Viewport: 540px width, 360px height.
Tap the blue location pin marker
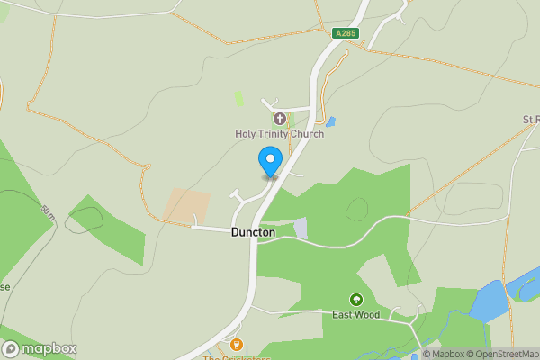(269, 162)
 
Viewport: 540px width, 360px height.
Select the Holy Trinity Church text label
(279, 134)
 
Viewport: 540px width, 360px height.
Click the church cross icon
(279, 118)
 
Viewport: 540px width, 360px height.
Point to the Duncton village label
(253, 232)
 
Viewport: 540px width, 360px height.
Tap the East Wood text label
(355, 315)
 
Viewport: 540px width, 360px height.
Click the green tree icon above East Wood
(355, 300)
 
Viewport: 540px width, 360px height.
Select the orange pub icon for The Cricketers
(237, 344)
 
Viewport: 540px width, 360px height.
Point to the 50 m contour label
(48, 214)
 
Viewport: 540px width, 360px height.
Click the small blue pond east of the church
(330, 121)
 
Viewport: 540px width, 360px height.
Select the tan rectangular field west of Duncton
(186, 206)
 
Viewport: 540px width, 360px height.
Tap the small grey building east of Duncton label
(301, 229)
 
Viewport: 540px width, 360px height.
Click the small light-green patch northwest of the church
(238, 98)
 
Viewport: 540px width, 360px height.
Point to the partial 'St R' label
(530, 119)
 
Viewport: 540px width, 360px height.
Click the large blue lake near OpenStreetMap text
(490, 301)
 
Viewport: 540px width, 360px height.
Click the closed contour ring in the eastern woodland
(357, 209)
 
